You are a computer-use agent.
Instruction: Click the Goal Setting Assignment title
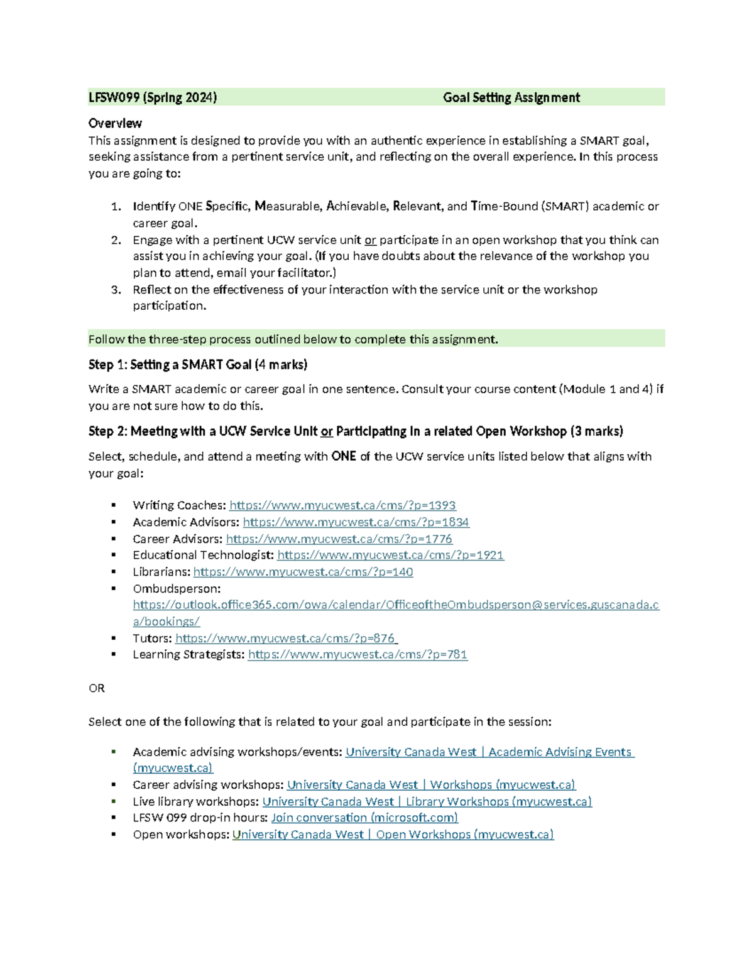[x=511, y=97]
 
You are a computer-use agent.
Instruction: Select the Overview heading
[x=115, y=123]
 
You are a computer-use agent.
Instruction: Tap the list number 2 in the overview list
[x=116, y=240]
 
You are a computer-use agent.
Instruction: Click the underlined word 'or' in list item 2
[x=370, y=240]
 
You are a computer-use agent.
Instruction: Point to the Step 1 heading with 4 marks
[x=198, y=365]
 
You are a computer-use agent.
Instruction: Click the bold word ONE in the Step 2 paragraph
[x=343, y=456]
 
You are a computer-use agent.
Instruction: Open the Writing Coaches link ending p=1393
[x=342, y=505]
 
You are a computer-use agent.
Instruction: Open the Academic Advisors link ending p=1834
[x=356, y=522]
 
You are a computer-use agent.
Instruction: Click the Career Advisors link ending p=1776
[x=339, y=539]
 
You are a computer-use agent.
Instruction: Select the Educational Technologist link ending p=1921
[x=390, y=555]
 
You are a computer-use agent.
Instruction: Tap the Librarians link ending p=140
[x=303, y=572]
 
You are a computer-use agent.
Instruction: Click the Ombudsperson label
[x=177, y=589]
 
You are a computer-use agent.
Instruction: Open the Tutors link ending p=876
[x=286, y=639]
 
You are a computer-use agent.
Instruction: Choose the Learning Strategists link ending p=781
[x=358, y=655]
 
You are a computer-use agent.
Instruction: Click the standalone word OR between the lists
[x=97, y=688]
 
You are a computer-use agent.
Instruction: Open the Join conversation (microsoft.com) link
[x=364, y=818]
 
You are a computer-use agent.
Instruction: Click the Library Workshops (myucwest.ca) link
[x=427, y=802]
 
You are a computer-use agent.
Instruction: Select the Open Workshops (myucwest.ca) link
[x=393, y=835]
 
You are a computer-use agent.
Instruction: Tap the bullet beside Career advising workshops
[x=114, y=785]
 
